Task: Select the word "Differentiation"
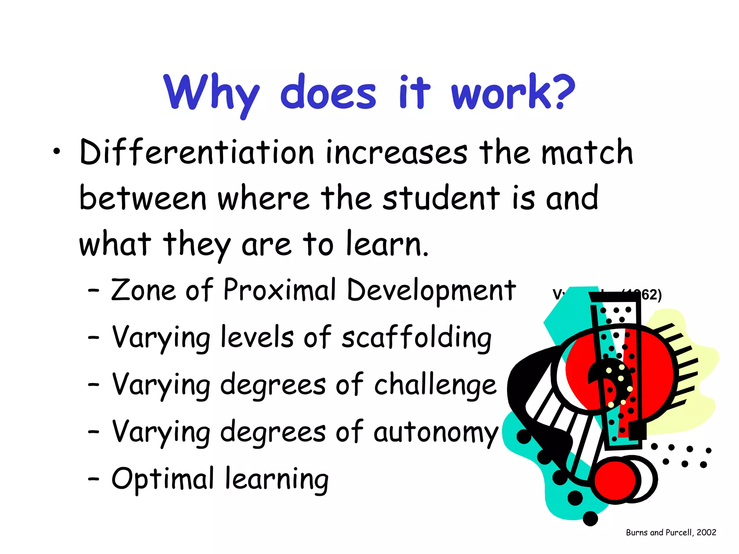click(197, 153)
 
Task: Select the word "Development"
click(431, 291)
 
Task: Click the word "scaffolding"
click(416, 338)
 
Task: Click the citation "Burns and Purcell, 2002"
click(671, 532)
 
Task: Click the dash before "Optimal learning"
click(93, 479)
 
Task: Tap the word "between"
click(143, 198)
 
